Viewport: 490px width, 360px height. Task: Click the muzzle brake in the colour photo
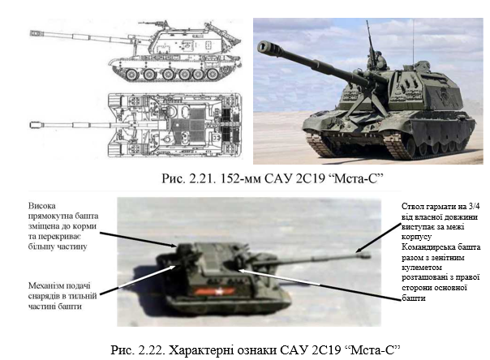coord(269,49)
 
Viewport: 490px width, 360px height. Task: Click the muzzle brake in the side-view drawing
coord(35,33)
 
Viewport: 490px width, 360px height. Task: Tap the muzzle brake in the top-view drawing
coord(35,125)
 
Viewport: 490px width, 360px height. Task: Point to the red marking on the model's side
coord(214,291)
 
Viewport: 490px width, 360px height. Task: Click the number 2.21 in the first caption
coord(202,178)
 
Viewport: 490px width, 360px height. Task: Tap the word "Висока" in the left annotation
coord(42,206)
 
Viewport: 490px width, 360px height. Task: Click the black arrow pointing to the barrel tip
coord(378,238)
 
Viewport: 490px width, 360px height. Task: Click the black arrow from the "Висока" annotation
coord(138,239)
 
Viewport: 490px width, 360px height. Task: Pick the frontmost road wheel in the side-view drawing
coord(131,75)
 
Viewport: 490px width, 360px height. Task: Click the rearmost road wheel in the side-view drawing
coord(213,75)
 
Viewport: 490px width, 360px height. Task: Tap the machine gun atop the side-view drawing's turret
coord(154,23)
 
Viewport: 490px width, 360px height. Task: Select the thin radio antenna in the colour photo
coord(413,43)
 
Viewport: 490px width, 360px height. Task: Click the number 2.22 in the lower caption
coord(152,350)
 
